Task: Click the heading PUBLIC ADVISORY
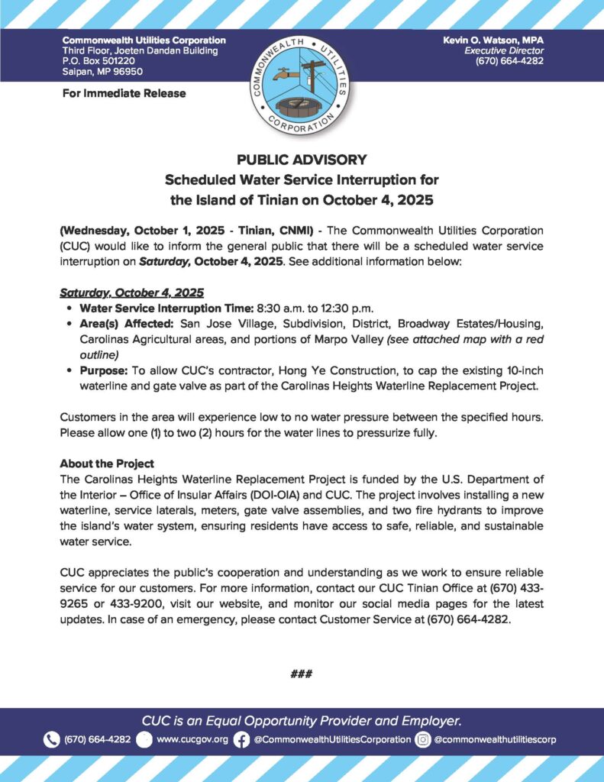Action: pyautogui.click(x=302, y=160)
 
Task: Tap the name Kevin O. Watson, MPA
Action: pyautogui.click(x=493, y=40)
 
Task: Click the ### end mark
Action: pyautogui.click(x=302, y=674)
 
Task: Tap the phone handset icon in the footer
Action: pyautogui.click(x=51, y=739)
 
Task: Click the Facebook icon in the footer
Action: pyautogui.click(x=241, y=739)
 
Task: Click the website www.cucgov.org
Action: pyautogui.click(x=192, y=739)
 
